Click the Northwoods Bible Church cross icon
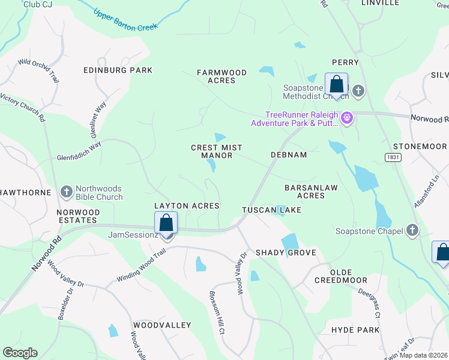pyautogui.click(x=67, y=192)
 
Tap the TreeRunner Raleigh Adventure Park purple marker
pyautogui.click(x=346, y=116)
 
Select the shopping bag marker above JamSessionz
pyautogui.click(x=166, y=223)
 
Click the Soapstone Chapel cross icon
pyautogui.click(x=412, y=230)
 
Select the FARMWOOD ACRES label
pyautogui.click(x=222, y=76)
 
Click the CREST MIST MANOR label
pyautogui.click(x=211, y=151)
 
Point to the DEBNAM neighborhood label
pyautogui.click(x=289, y=155)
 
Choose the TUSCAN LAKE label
pyautogui.click(x=271, y=210)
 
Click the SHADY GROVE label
pyautogui.click(x=286, y=253)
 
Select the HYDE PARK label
pyautogui.click(x=355, y=330)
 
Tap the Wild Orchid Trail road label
pyautogui.click(x=38, y=70)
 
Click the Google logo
pyautogui.click(x=20, y=353)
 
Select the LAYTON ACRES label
pyautogui.click(x=187, y=206)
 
